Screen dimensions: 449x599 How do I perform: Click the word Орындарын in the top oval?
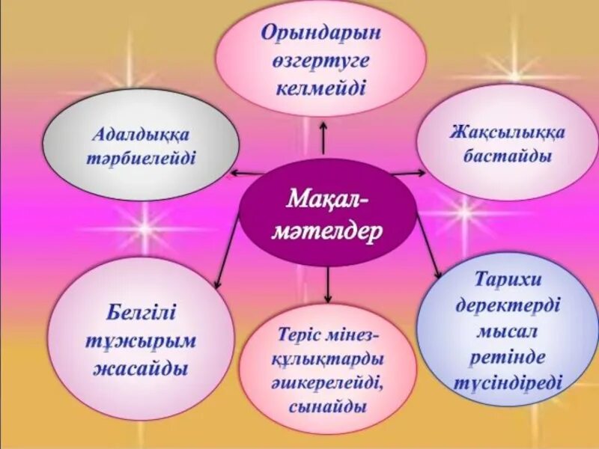(320, 33)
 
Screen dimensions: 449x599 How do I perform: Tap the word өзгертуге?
(321, 61)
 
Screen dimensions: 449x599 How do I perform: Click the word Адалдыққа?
(142, 135)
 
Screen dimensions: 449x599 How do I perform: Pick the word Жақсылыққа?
(508, 132)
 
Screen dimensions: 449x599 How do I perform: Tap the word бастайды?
(508, 156)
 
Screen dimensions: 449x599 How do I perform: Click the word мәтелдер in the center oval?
(326, 228)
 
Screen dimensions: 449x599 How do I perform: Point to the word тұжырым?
(142, 341)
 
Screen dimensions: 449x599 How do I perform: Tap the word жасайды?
(142, 369)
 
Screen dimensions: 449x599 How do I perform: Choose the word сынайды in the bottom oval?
(327, 407)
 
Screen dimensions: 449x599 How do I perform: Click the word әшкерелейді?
(327, 383)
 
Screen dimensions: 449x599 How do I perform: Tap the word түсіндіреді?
(508, 382)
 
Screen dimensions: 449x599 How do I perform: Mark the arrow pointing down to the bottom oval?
(327, 284)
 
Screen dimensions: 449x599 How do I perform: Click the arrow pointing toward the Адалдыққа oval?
(247, 173)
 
